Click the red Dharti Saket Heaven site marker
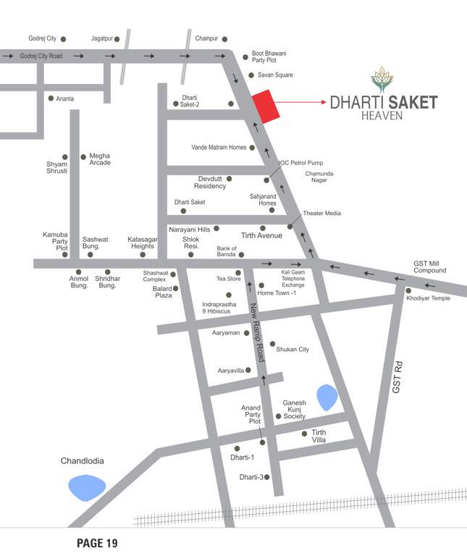(265, 107)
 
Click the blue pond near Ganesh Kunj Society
(327, 395)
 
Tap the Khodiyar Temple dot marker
(408, 291)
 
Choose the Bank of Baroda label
(227, 251)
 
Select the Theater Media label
(321, 214)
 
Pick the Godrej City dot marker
(63, 38)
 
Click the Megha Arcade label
(100, 159)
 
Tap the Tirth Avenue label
(261, 236)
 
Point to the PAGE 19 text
(97, 543)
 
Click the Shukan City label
(293, 349)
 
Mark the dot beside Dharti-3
(267, 476)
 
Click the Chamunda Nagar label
(321, 178)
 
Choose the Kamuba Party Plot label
(56, 242)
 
